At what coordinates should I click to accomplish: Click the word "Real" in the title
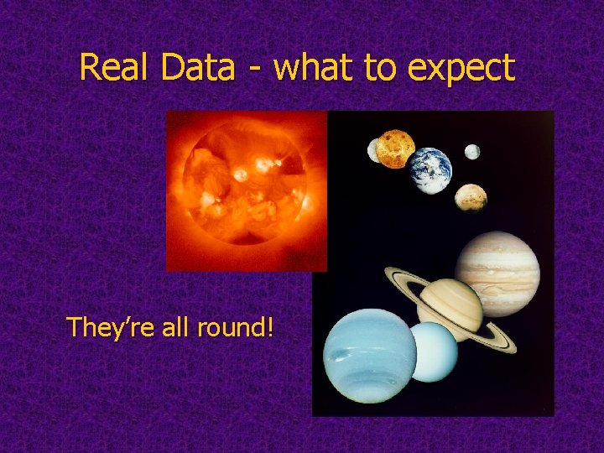click(112, 68)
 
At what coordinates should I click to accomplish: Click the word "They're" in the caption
click(106, 326)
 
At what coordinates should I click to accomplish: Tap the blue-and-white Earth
click(431, 170)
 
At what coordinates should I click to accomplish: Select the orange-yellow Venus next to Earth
click(395, 148)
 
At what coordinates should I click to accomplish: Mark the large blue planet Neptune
click(370, 355)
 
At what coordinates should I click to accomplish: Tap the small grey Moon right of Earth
click(472, 152)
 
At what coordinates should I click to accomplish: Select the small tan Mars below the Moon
click(471, 197)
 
